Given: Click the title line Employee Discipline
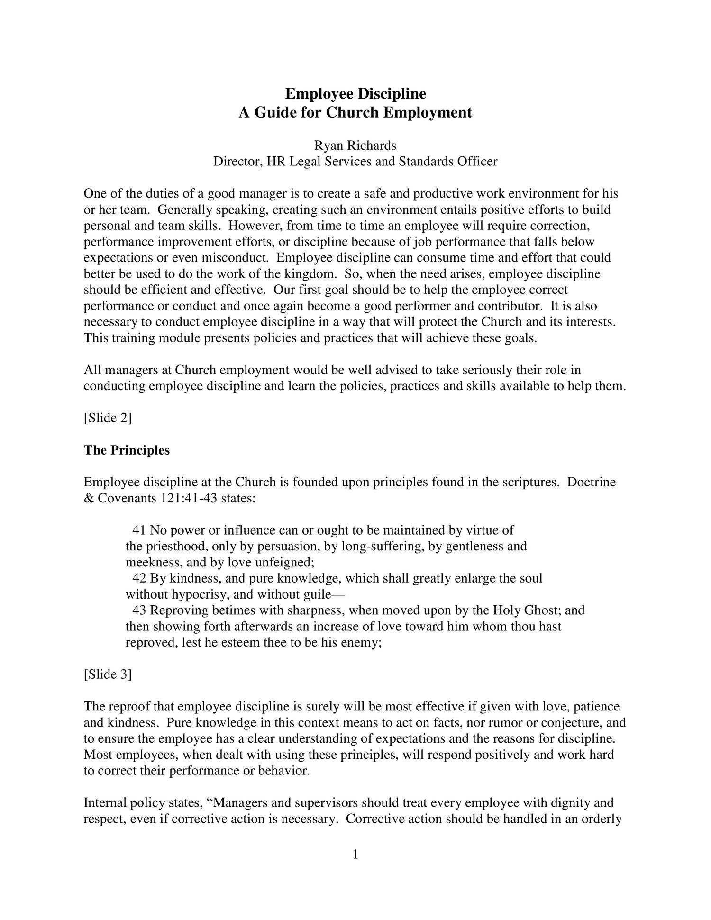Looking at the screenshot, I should coord(355,94).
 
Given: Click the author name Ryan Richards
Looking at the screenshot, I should coord(355,145).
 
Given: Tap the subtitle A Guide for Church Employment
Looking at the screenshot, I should coord(355,113).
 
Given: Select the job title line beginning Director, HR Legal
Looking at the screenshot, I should coord(355,162).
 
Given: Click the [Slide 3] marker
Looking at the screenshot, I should coord(108,674).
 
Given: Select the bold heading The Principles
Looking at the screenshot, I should coord(127,450).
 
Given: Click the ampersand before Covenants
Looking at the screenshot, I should coord(89,499).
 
